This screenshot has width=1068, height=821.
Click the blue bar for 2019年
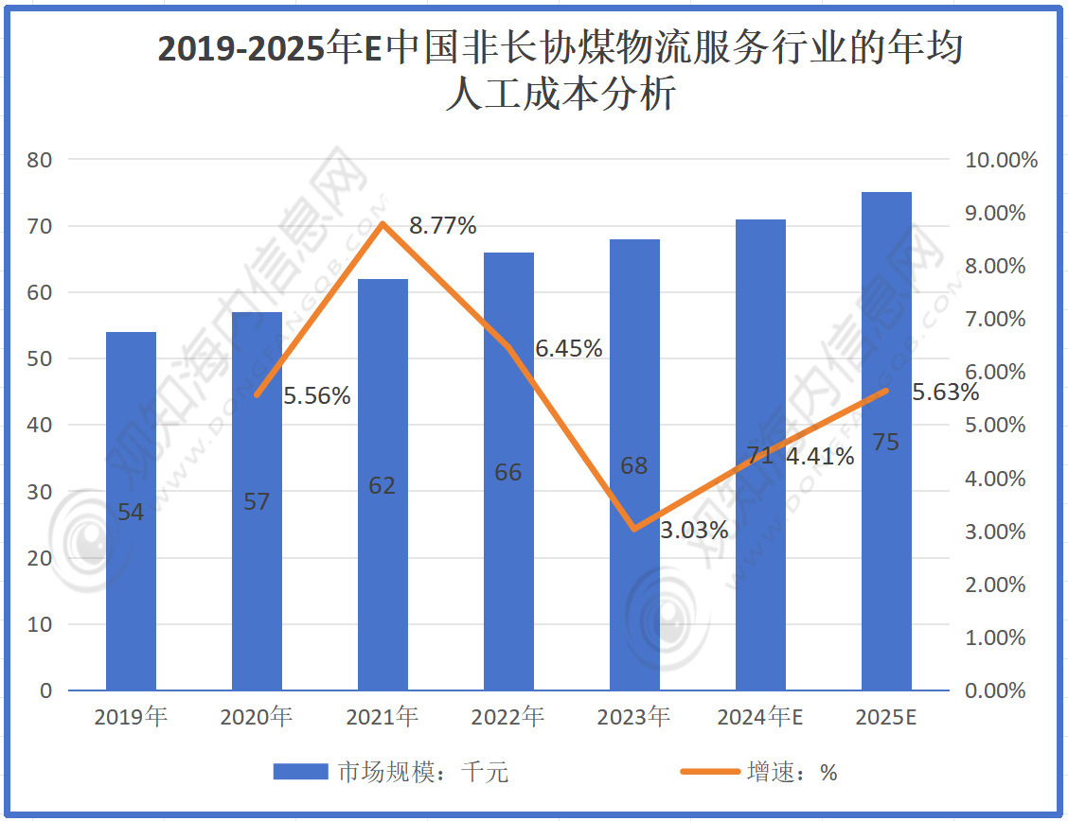tap(131, 511)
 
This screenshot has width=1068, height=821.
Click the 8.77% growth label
tap(442, 226)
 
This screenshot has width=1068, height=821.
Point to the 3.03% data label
tap(694, 531)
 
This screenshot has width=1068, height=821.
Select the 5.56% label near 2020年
tap(317, 396)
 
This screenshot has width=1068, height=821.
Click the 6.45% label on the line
tap(569, 349)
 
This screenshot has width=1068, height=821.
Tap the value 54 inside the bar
tap(131, 513)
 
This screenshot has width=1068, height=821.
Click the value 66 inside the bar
tap(508, 472)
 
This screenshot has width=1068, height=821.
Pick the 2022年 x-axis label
tap(508, 718)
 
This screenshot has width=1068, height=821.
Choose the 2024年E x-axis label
tap(760, 718)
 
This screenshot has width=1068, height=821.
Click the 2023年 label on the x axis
tap(634, 718)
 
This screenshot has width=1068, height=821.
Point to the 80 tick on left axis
tap(40, 160)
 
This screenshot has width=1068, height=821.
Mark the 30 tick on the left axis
tap(40, 492)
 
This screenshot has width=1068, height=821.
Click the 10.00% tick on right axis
tap(1001, 160)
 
